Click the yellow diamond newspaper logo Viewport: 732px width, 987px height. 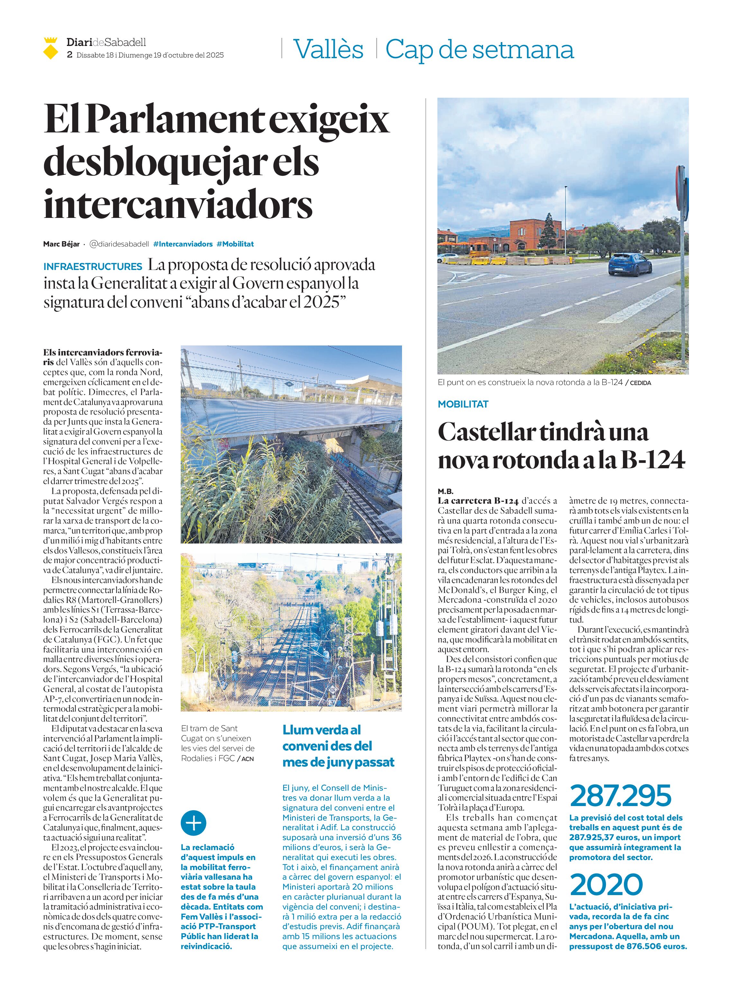(51, 49)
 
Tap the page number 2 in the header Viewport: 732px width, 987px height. (69, 55)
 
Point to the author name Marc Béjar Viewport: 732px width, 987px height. (61, 244)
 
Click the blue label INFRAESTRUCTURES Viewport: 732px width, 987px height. (93, 266)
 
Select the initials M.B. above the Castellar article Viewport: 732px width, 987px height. (445, 491)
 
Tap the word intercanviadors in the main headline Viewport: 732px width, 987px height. (178, 205)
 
